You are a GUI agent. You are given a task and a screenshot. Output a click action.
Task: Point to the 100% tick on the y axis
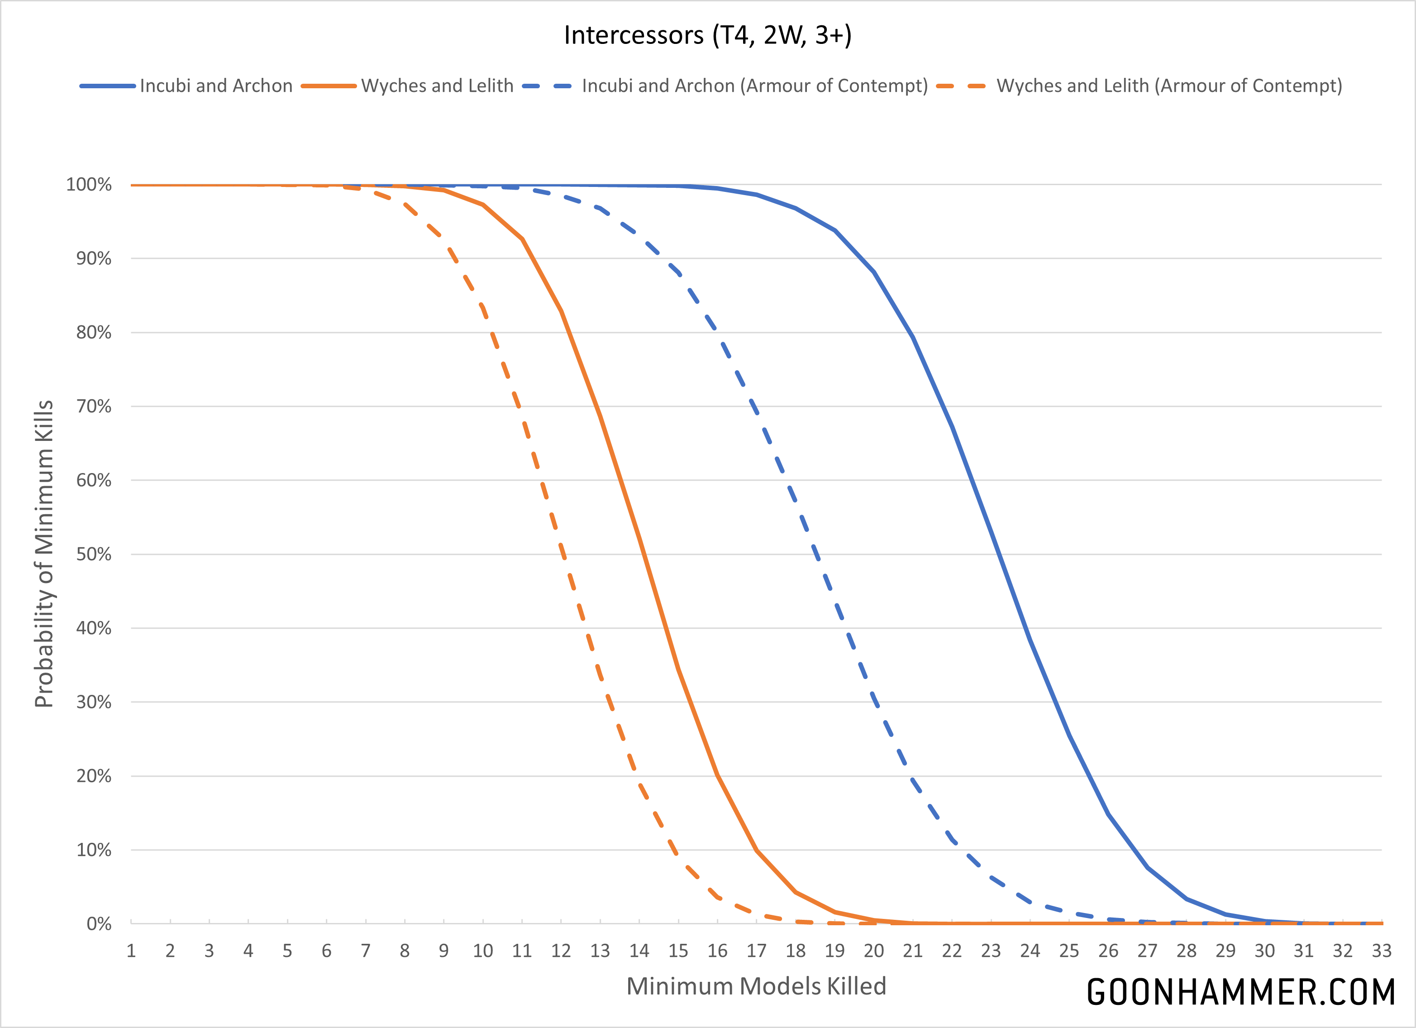coord(89,185)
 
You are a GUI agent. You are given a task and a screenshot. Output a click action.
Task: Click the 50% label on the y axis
coord(94,554)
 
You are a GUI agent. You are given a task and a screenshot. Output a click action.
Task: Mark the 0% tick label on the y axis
coord(99,924)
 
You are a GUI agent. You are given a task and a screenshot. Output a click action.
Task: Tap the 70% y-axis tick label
coord(94,406)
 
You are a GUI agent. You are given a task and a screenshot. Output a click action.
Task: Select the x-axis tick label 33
coord(1382,951)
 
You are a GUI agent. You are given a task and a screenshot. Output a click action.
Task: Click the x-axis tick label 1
coord(131,951)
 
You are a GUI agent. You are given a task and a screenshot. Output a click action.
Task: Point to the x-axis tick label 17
coord(756,951)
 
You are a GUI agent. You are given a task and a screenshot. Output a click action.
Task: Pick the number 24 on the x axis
coord(1030,951)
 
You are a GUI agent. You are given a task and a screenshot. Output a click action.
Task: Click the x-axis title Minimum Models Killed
coord(756,986)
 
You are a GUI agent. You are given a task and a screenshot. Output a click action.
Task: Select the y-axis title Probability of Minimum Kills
coord(44,554)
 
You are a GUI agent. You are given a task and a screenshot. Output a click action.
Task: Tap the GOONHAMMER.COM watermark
coord(1240,992)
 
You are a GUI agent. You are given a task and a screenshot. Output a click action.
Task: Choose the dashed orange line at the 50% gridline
coord(563,554)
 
